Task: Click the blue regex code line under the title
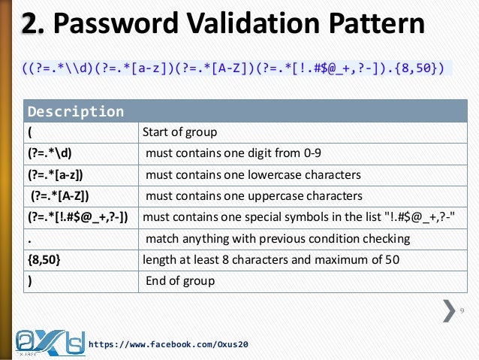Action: (x=233, y=69)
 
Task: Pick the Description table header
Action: (x=76, y=112)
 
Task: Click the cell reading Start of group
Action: (x=179, y=133)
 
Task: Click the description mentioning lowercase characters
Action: (x=253, y=175)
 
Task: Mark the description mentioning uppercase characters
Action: (x=254, y=196)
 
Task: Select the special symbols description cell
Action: (x=297, y=218)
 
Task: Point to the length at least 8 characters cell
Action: (x=271, y=260)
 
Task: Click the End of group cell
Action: (x=179, y=281)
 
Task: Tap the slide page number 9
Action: (x=462, y=310)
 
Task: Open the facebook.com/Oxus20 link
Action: (x=168, y=344)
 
